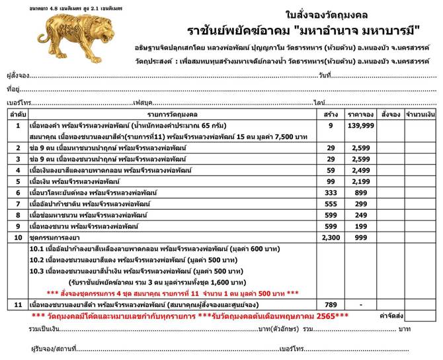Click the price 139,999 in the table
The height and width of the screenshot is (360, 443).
(x=360, y=124)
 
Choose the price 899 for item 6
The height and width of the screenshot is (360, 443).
(x=360, y=192)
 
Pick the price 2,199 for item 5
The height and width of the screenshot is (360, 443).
(x=360, y=181)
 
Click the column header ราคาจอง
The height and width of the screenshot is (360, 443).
(x=360, y=113)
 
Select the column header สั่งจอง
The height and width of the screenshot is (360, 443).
(x=391, y=113)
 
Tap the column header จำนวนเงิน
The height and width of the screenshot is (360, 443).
(x=421, y=113)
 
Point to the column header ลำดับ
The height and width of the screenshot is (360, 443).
(x=17, y=113)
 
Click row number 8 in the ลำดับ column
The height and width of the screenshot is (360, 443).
(x=17, y=214)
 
